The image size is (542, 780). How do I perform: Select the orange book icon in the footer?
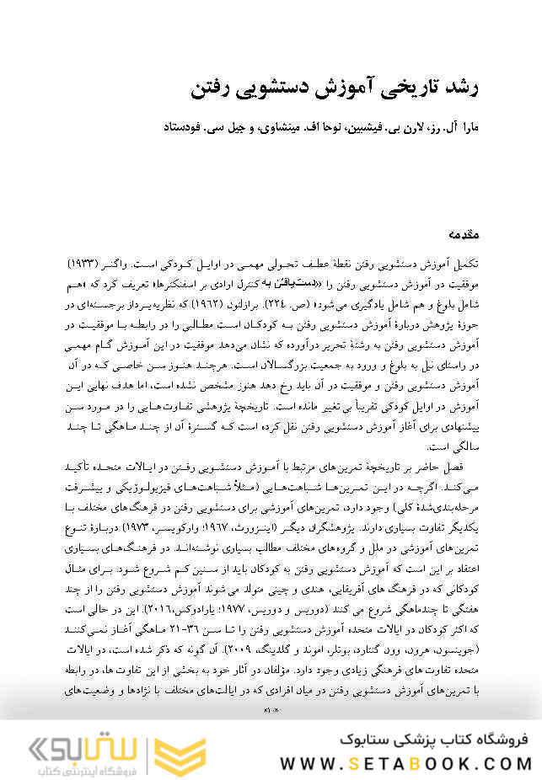(185, 751)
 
